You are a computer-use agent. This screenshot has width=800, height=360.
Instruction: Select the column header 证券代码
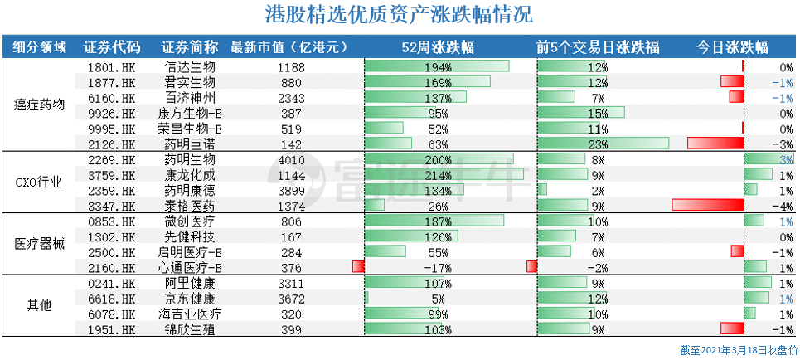[x=112, y=46]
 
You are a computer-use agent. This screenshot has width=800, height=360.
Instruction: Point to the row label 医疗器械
[x=40, y=244]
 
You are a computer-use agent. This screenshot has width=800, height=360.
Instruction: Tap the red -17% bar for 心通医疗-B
[x=358, y=267]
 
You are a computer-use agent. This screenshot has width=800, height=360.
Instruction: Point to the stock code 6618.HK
[x=111, y=298]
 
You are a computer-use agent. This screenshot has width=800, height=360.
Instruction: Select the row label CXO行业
[x=40, y=182]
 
